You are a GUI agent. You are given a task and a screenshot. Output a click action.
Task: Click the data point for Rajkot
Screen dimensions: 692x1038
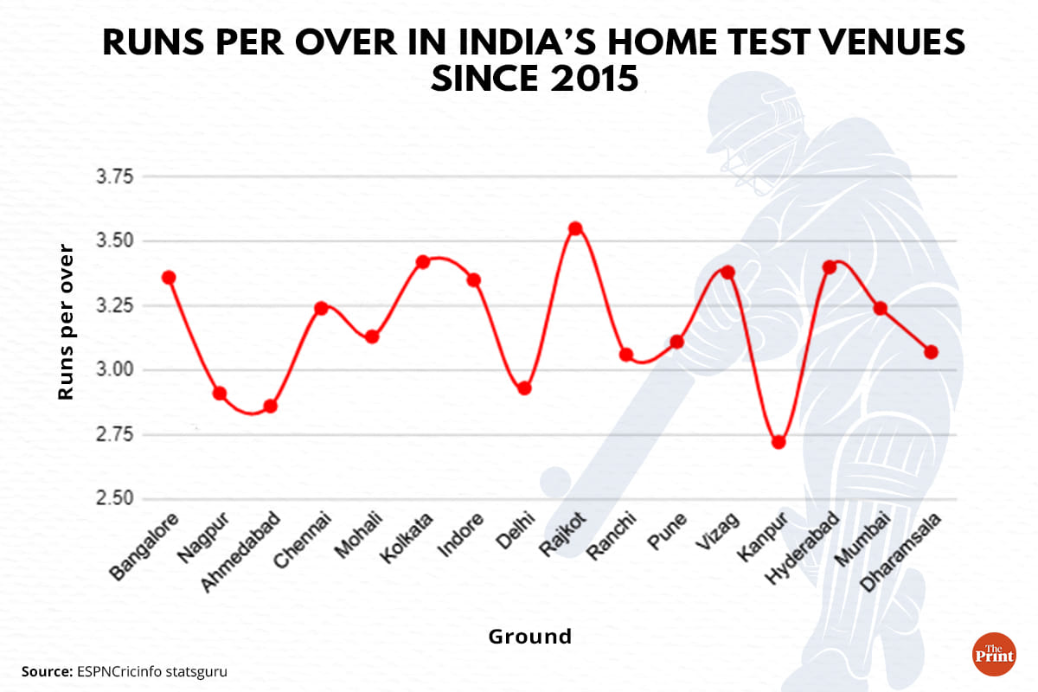[575, 229]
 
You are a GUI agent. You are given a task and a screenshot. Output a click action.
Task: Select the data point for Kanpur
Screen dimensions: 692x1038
[778, 442]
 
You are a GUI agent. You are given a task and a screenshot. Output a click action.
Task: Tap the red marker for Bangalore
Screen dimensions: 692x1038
[169, 278]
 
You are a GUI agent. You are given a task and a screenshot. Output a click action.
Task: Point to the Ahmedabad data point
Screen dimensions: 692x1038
[270, 406]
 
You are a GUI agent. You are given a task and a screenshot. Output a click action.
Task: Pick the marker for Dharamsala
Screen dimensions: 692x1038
[931, 352]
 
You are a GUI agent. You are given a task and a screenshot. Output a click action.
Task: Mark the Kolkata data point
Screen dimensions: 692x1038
[423, 261]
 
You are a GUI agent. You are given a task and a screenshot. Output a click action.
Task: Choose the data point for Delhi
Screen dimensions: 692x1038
[524, 388]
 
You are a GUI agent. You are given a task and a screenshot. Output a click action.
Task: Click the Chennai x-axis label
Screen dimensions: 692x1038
[301, 542]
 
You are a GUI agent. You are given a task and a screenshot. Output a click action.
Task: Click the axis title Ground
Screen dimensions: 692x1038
[530, 638]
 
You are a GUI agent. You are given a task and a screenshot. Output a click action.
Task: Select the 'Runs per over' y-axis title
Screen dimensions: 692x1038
[66, 322]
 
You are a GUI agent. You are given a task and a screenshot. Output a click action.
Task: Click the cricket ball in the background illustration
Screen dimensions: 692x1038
[555, 482]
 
